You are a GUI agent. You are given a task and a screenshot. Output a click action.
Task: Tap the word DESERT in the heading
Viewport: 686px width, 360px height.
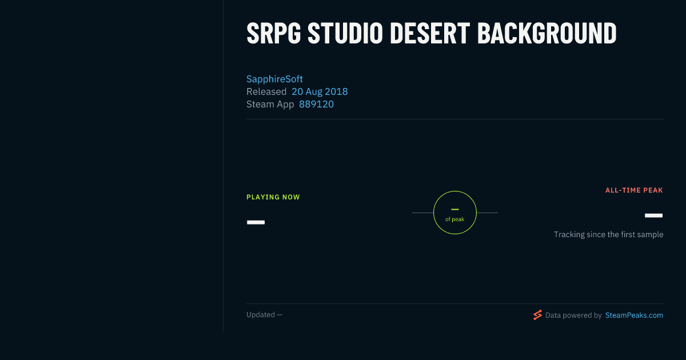click(430, 33)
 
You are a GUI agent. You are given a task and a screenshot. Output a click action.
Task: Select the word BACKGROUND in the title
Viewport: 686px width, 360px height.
click(547, 33)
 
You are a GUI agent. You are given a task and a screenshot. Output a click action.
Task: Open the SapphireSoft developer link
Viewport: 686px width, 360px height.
click(274, 79)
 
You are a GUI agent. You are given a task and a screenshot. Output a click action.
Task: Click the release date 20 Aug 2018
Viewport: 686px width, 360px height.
click(320, 91)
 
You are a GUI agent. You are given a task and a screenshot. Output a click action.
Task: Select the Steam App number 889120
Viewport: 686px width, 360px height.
click(316, 104)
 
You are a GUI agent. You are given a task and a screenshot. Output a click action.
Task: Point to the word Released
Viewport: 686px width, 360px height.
click(266, 91)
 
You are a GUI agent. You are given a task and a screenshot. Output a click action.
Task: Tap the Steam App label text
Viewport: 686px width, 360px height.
click(270, 105)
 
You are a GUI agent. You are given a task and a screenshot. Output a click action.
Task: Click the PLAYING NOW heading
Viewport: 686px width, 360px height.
click(273, 197)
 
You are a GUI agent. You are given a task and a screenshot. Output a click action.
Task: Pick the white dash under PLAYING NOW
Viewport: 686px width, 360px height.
click(256, 222)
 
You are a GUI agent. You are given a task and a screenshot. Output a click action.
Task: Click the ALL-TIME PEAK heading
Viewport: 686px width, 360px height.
click(634, 190)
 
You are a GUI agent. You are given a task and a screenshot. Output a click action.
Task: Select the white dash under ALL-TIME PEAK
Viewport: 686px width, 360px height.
click(653, 215)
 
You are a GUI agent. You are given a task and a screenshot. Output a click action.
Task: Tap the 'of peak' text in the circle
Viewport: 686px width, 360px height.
click(455, 219)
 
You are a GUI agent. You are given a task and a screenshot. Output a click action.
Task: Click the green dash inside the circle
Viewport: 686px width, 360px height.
click(455, 209)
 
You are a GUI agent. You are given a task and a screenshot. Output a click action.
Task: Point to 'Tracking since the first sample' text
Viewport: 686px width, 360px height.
click(608, 234)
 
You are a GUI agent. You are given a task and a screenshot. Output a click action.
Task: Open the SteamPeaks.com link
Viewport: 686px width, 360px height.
click(634, 315)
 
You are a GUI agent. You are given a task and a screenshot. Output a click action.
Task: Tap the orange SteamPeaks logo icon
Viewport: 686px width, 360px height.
click(537, 315)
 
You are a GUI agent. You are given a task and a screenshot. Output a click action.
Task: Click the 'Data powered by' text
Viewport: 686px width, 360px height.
click(573, 315)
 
